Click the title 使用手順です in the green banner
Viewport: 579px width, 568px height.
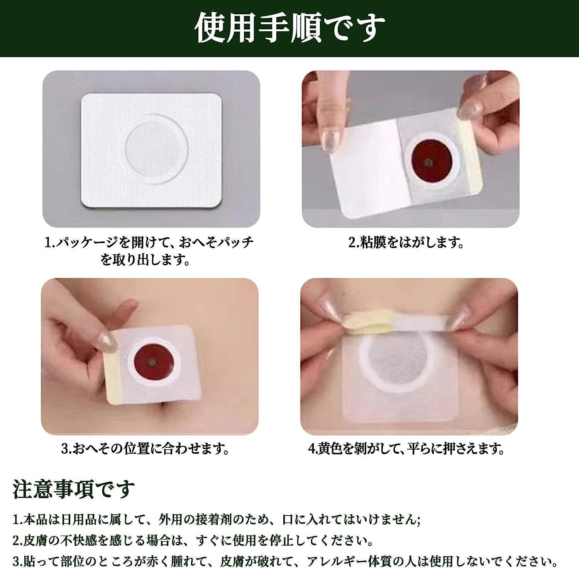289,28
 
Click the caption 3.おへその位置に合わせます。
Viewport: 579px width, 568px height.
145,449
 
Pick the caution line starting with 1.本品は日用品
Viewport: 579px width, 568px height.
217,520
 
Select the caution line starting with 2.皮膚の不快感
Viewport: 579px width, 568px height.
193,540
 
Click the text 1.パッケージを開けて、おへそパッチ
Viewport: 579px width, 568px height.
149,242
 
